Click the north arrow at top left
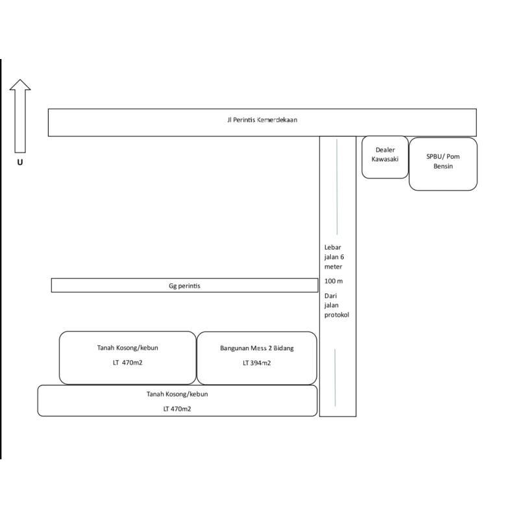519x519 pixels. tap(20, 114)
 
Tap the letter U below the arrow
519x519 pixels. tap(20, 162)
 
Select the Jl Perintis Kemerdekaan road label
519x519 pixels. tap(262, 120)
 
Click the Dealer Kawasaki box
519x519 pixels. tap(385, 157)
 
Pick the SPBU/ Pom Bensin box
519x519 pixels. tap(443, 163)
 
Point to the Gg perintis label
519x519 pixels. tap(184, 285)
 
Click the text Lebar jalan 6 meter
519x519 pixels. tap(333, 257)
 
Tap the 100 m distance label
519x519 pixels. tap(333, 281)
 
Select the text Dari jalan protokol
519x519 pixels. tap(336, 305)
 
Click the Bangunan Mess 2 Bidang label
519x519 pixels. tap(256, 348)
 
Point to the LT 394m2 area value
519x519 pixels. tap(257, 363)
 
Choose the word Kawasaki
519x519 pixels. tap(385, 159)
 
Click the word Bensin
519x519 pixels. tap(443, 166)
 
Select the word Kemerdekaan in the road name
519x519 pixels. tap(278, 120)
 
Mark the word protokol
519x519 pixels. tap(337, 315)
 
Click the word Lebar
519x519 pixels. tap(332, 247)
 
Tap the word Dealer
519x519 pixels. tap(385, 150)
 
